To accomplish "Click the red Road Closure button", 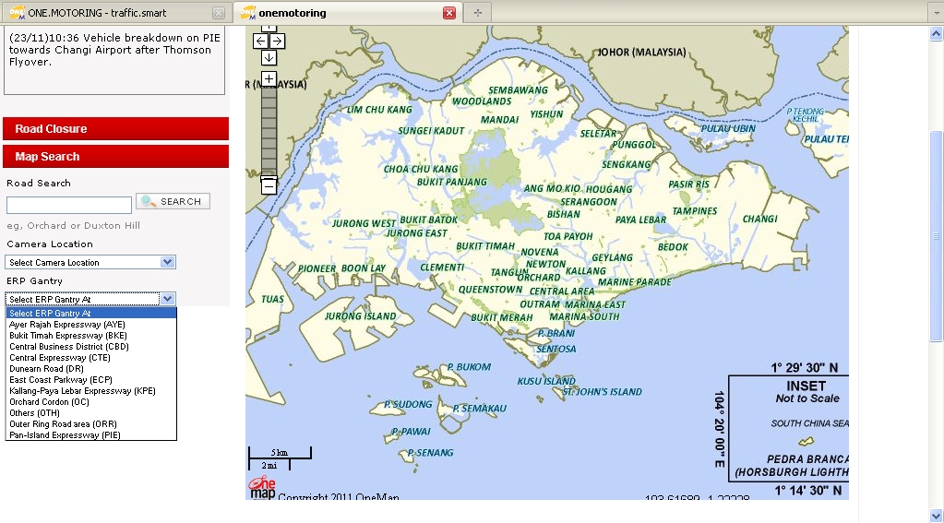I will (x=115, y=129).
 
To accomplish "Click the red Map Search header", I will (x=115, y=157).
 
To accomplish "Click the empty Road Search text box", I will (x=69, y=205).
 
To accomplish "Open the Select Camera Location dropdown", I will (x=90, y=262).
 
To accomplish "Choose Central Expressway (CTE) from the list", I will (x=60, y=358).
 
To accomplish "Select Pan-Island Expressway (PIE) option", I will (x=65, y=435).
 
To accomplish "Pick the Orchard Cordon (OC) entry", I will (x=49, y=402).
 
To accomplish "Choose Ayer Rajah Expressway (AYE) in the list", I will (x=67, y=325).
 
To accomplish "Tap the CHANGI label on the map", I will (x=759, y=220).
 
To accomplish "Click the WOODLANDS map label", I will (x=482, y=101).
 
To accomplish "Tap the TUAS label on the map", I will (x=272, y=299).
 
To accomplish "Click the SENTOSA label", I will (x=556, y=350).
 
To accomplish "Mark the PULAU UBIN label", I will (x=728, y=129).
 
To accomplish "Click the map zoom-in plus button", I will (x=269, y=78).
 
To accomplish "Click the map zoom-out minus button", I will (x=269, y=186).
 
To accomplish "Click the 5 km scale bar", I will (x=280, y=453).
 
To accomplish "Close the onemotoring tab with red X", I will (x=449, y=13).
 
